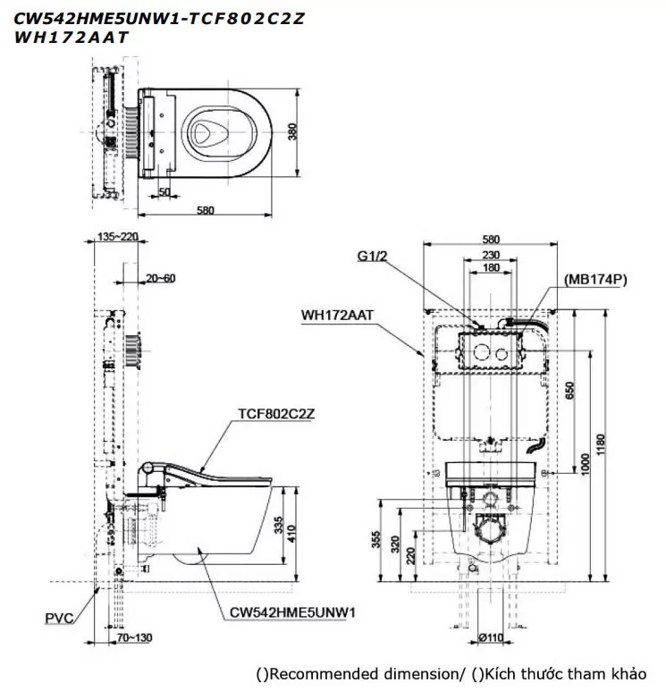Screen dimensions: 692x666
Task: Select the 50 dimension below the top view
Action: coord(164,192)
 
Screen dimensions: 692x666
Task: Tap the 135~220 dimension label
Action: coord(115,237)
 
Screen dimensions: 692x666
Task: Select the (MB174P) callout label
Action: coord(595,280)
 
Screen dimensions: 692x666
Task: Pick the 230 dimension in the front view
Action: coord(491,254)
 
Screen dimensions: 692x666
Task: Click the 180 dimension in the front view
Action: coord(491,267)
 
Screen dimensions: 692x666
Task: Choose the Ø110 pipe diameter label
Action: coord(490,638)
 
